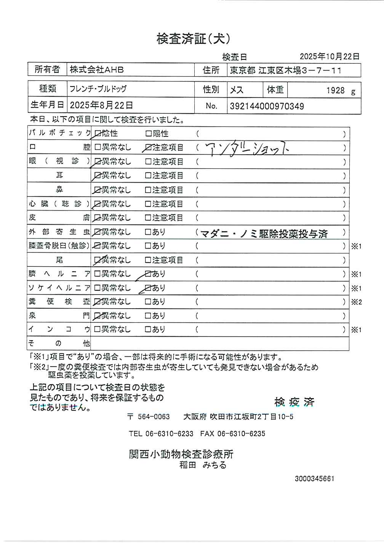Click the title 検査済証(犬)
pos(193,38)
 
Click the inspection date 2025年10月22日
pos(330,57)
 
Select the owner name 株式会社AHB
pos(97,70)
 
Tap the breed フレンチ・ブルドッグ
pos(98,90)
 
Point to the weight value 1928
pos(335,91)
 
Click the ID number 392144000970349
pos(267,106)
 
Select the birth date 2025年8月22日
pos(101,106)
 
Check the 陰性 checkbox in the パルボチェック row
pos(98,134)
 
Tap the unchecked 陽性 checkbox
pos(148,134)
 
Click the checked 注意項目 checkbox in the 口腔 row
pos(148,148)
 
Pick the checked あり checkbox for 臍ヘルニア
pos(148,274)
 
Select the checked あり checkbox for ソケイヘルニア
pos(148,288)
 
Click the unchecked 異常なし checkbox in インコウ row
pos(98,329)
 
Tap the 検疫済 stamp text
pos(294,402)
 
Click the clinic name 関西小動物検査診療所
pos(181,454)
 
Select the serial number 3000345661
pos(314,479)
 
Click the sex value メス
pos(237,90)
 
